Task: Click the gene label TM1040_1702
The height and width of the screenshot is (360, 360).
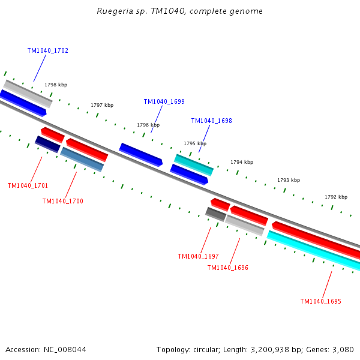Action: [x=48, y=50]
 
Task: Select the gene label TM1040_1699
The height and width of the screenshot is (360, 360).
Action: [x=164, y=101]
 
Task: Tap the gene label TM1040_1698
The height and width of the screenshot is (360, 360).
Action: [x=211, y=121]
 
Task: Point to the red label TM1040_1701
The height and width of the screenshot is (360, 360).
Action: [x=28, y=185]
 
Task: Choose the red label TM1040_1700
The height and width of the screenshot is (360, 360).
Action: [x=62, y=201]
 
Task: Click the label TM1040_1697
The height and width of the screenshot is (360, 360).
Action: [x=199, y=256]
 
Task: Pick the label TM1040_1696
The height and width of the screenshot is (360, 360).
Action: [x=228, y=268]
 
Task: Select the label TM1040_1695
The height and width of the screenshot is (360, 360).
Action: [x=321, y=301]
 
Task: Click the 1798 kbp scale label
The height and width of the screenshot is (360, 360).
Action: [x=56, y=85]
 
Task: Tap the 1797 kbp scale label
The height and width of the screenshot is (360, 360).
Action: [x=102, y=105]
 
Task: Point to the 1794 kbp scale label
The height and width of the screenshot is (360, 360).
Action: [x=242, y=162]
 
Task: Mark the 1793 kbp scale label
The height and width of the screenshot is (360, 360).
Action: [x=289, y=180]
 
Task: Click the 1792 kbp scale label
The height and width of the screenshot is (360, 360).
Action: [x=336, y=197]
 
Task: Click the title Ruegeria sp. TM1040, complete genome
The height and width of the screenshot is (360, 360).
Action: [x=179, y=11]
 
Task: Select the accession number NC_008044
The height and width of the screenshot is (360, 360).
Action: [x=65, y=350]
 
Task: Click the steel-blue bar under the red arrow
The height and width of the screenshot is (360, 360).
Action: [x=82, y=160]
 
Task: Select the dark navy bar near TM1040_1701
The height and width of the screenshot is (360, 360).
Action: [x=48, y=144]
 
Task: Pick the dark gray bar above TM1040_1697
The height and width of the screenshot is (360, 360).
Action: [x=216, y=214]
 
